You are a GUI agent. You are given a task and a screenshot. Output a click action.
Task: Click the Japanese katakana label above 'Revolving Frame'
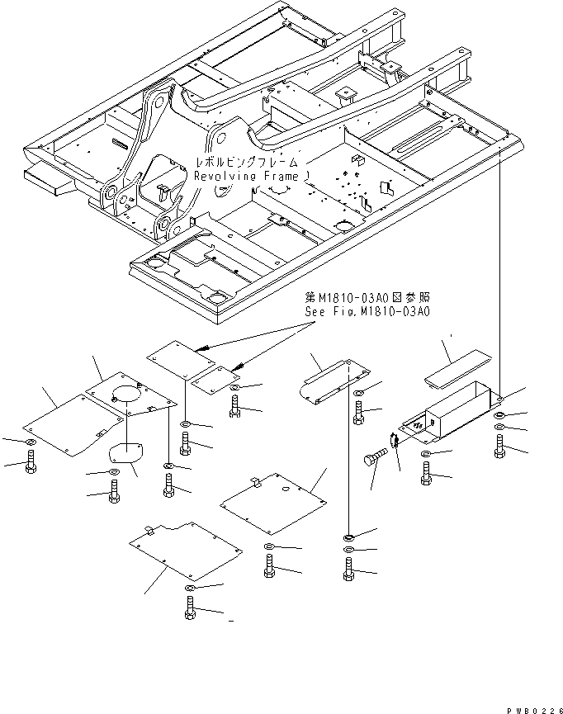tap(247, 163)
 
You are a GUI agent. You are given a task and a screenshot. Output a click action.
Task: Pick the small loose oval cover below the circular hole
tap(125, 454)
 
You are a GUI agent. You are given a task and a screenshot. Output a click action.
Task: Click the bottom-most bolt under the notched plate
tap(192, 612)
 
